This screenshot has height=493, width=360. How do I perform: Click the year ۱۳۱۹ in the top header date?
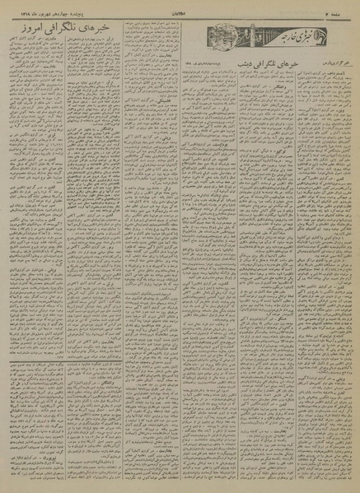tap(9, 7)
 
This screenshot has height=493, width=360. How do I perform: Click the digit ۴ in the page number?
tap(330, 7)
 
